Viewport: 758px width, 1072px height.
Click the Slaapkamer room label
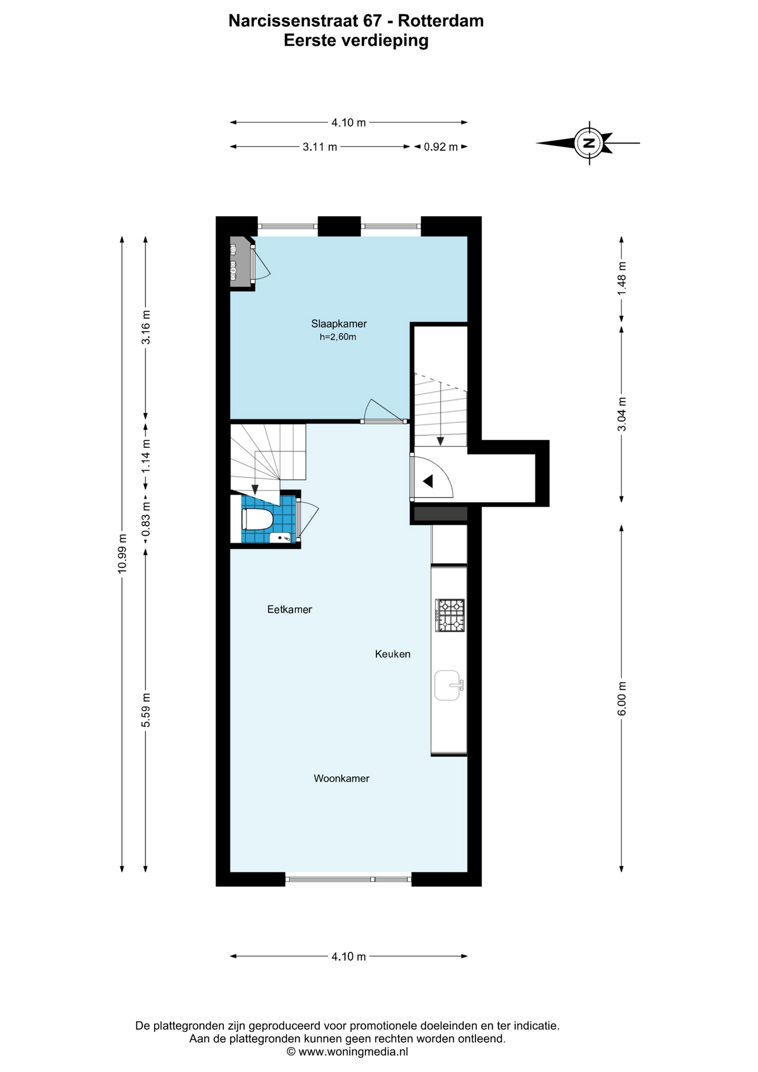click(x=339, y=324)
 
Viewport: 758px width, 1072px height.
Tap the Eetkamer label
click(x=290, y=610)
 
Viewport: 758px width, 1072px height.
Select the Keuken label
click(x=392, y=654)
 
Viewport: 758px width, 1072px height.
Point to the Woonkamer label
click(x=342, y=778)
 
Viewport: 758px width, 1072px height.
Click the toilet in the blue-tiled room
click(x=257, y=519)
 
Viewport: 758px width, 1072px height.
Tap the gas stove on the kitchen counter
click(x=450, y=615)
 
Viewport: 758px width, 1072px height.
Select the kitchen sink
click(x=449, y=685)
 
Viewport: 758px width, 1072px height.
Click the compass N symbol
click(x=588, y=142)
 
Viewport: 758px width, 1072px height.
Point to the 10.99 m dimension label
click(x=122, y=553)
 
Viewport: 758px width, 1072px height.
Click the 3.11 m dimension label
click(x=320, y=147)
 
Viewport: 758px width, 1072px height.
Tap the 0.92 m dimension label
click(x=441, y=147)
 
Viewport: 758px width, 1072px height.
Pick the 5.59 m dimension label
click(x=146, y=710)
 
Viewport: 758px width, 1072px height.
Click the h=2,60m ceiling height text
click(x=338, y=337)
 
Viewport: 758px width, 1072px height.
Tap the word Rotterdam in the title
click(x=441, y=21)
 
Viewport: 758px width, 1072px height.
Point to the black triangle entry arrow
click(x=428, y=481)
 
